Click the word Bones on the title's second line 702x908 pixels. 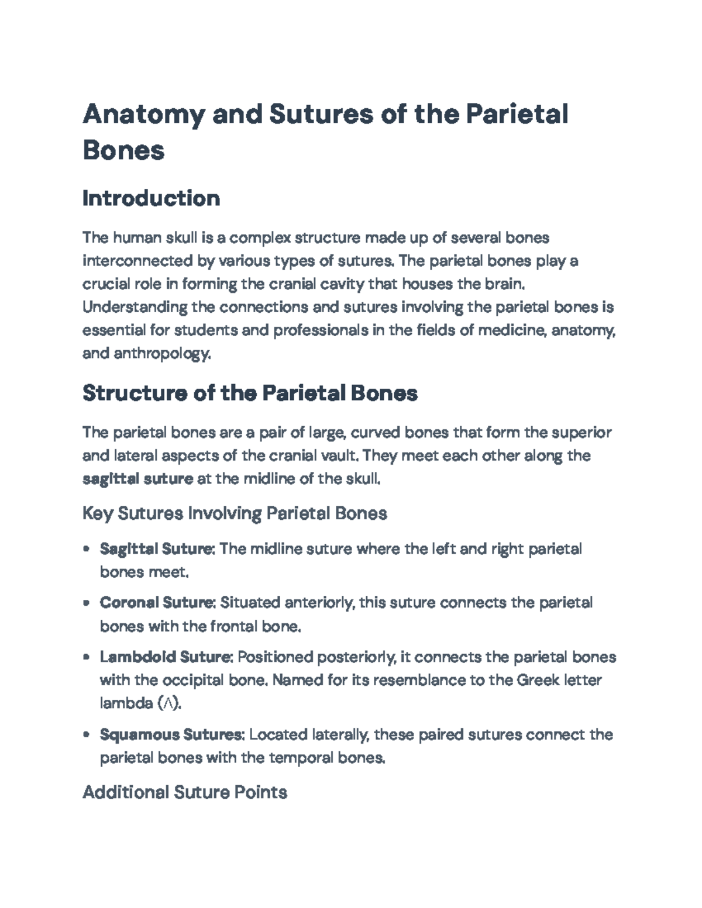[x=123, y=150]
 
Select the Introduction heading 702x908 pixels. [x=151, y=199]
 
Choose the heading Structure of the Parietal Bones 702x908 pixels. [x=250, y=393]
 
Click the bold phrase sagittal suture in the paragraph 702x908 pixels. [x=137, y=479]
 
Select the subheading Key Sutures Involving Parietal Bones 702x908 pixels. [x=235, y=513]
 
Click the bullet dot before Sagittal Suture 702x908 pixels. [x=87, y=549]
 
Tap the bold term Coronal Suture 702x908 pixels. [x=157, y=602]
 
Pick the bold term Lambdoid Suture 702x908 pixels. [x=166, y=657]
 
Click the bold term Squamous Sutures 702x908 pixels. [x=171, y=734]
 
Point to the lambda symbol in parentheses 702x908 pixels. [x=169, y=703]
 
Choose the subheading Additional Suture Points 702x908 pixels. [x=185, y=792]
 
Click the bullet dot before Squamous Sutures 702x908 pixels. [x=87, y=734]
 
